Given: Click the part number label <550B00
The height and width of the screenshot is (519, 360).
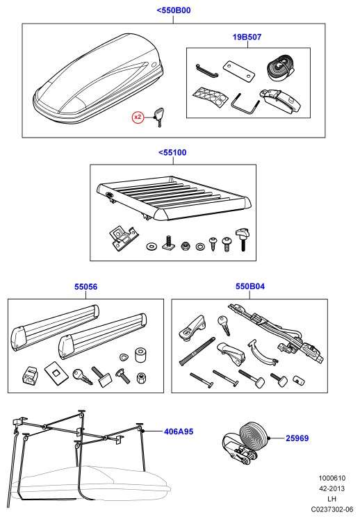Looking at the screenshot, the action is [174, 10].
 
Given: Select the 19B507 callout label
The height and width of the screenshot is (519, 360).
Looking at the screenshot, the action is [247, 37].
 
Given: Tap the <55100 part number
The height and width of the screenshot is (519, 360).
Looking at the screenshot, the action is [172, 153].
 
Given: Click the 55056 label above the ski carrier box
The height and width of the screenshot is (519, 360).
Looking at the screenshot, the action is [85, 287].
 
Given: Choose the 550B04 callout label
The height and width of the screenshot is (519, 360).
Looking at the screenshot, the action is [250, 286].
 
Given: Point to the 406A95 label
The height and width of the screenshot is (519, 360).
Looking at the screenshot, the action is [179, 431].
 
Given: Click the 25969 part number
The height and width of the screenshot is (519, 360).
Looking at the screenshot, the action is [297, 438].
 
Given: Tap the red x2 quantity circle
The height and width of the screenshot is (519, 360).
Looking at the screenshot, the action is [138, 117].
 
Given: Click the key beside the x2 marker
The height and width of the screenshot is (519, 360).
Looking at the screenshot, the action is [158, 117].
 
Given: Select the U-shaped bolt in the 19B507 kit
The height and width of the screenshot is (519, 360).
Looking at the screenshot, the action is [245, 105].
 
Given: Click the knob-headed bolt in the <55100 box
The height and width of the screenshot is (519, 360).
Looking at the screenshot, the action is [242, 239].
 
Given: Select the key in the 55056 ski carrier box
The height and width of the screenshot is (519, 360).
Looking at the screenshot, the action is [82, 377].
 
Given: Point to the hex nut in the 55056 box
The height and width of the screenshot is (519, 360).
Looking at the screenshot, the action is [141, 377].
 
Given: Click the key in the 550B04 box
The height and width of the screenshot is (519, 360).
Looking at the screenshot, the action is [224, 324].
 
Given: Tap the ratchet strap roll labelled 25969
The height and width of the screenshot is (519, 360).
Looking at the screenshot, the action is [245, 443].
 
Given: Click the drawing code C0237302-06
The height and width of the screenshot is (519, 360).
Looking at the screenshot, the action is [332, 509].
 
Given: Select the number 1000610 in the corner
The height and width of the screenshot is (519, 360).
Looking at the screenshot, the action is [332, 478].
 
